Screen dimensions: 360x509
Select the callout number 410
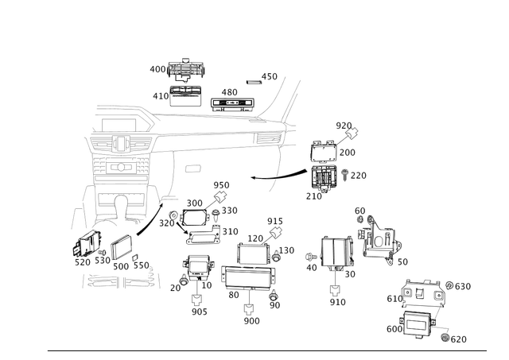click(x=157, y=95)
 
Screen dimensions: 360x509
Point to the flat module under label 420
click(x=231, y=103)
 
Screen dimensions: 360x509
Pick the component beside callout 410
click(x=188, y=95)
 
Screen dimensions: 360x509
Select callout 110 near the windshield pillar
click(x=270, y=78)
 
